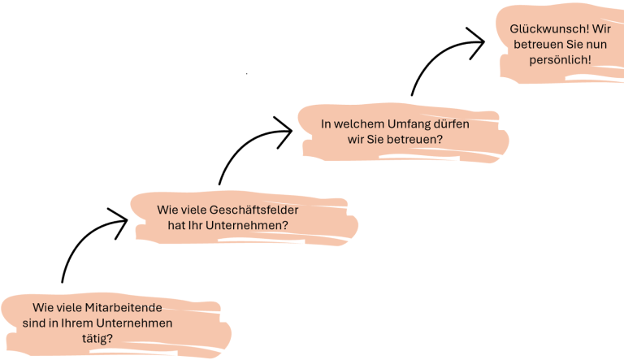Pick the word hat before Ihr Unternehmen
click(177, 224)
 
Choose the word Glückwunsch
click(545, 29)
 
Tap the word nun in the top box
click(579, 45)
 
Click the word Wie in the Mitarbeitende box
click(41, 308)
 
